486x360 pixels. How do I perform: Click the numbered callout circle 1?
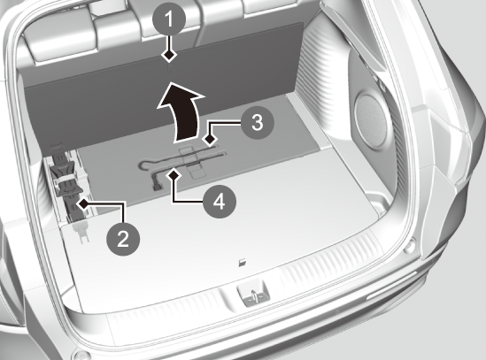coord(169,19)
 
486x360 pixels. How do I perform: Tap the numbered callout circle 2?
coord(123,239)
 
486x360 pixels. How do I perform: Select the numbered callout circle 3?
coord(257,123)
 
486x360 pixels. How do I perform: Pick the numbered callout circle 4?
coord(220,202)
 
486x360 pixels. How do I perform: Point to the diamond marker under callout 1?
coord(169,55)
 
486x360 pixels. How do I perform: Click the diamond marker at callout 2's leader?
coord(83,203)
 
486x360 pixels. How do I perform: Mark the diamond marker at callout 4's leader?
coord(174,175)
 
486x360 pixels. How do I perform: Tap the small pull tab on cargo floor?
coord(243,263)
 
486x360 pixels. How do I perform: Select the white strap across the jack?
coord(64,180)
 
